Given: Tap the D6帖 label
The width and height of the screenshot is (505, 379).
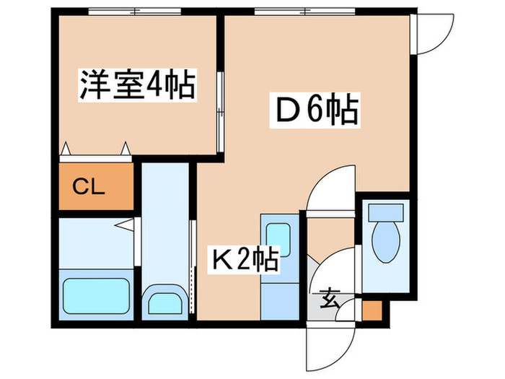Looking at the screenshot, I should tap(316, 110).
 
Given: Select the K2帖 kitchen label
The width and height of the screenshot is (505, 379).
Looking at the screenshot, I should tap(244, 258).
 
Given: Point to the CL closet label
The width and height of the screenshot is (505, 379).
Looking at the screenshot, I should tap(90, 189).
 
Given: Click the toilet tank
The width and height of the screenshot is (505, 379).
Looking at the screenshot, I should tap(385, 212).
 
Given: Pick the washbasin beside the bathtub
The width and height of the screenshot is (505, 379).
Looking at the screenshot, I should tap(164, 302).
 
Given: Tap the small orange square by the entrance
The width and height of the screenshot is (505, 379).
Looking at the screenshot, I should tap(371, 312).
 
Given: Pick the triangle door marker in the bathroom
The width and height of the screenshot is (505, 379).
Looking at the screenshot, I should tap(124, 226).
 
